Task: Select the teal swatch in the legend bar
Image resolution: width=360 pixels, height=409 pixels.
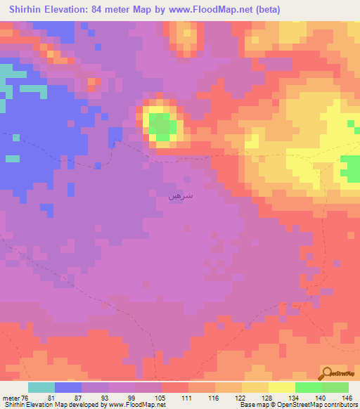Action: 41,388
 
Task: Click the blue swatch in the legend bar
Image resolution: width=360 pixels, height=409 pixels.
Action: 68,388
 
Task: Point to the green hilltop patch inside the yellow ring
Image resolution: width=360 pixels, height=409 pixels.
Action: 163,127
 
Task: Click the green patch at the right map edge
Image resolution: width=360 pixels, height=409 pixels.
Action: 351,169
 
